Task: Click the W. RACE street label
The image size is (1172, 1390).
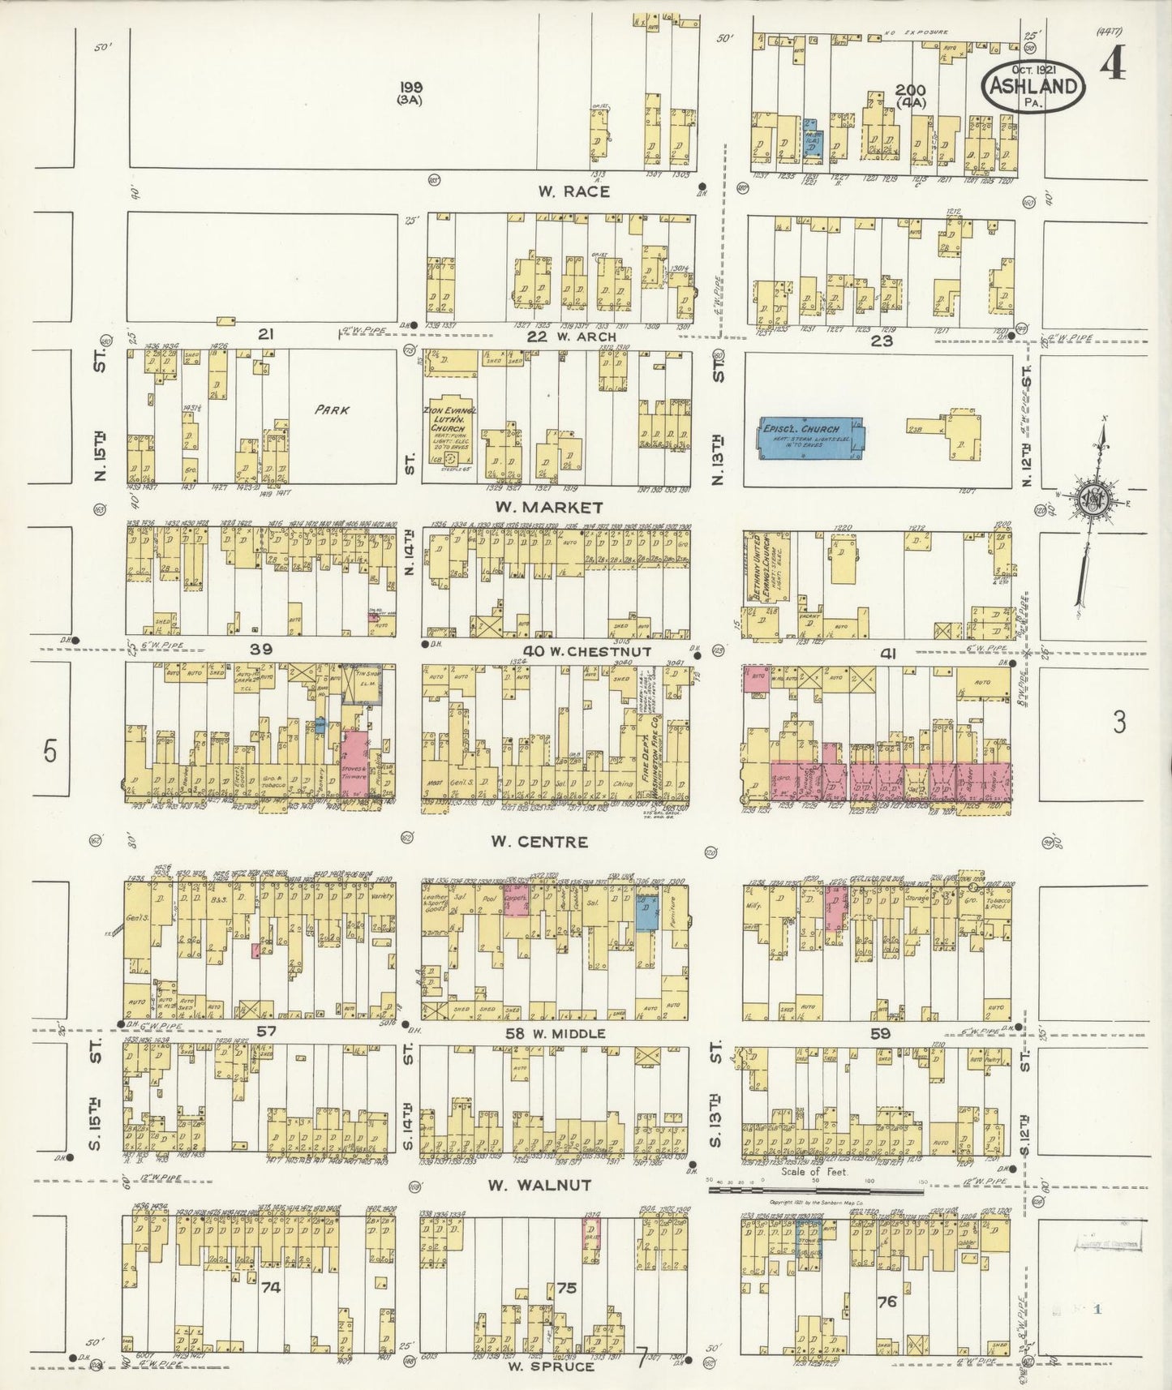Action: (573, 192)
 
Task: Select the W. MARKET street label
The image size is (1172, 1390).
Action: (560, 508)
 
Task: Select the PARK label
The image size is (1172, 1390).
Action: (333, 410)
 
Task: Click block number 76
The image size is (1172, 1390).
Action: (887, 1302)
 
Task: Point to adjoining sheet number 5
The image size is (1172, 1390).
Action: (50, 752)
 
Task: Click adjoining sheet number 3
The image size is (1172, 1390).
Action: (1118, 723)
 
